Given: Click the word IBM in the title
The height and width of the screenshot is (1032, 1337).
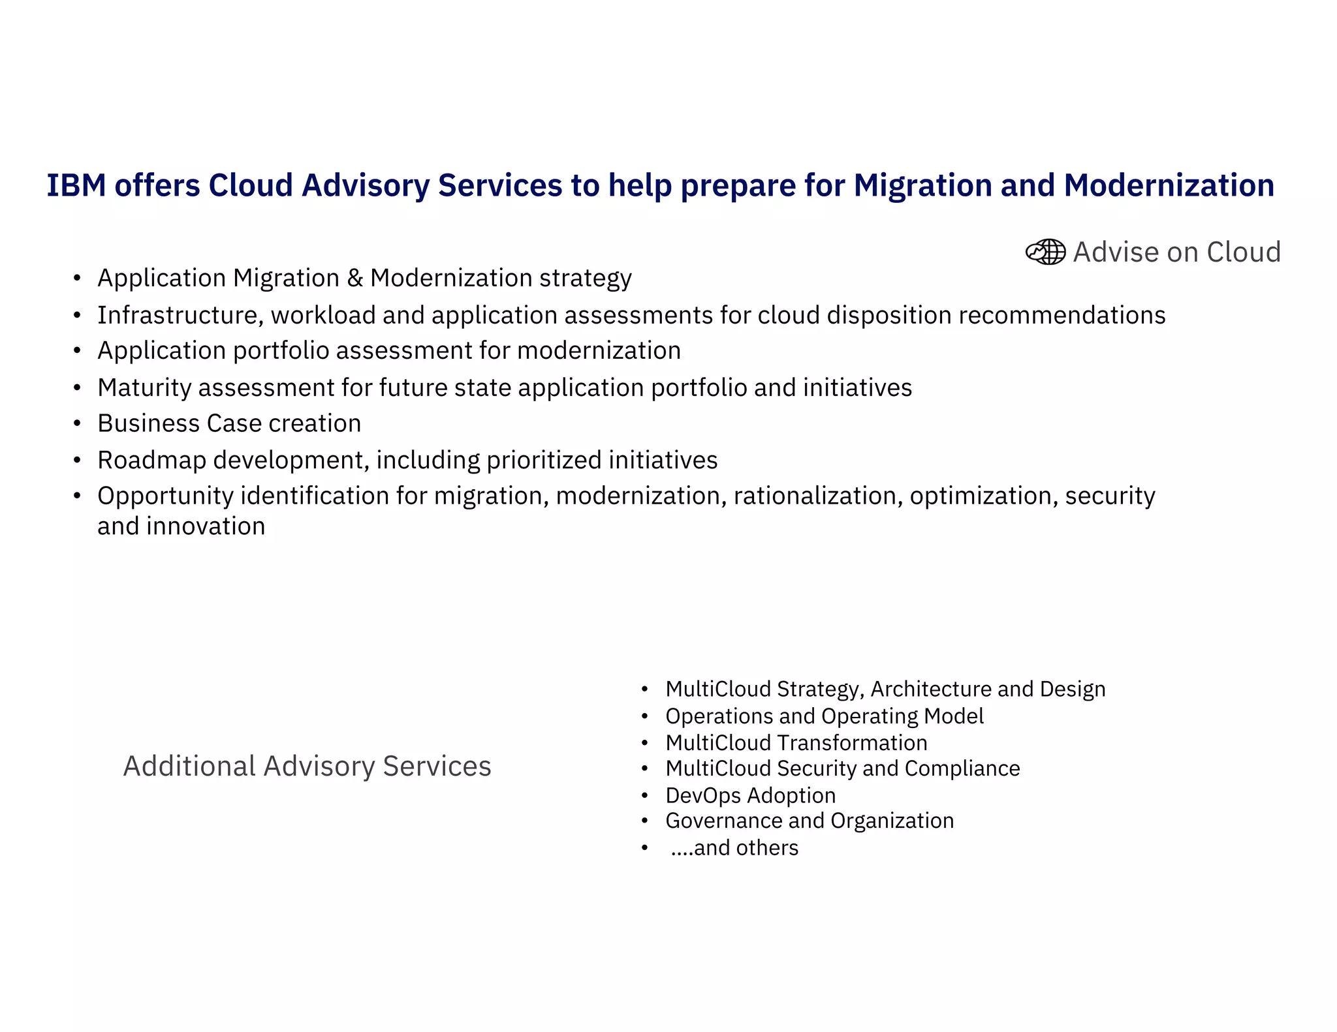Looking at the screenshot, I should (76, 186).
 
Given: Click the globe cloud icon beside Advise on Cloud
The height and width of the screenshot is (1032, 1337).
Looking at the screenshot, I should (1045, 252).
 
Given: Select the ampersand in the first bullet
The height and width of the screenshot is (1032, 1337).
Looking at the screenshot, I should (354, 279).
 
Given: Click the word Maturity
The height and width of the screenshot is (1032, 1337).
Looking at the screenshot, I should (144, 388).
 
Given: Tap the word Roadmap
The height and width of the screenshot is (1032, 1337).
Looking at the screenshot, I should (151, 461).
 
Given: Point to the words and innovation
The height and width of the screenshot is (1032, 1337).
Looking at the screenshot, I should (181, 526).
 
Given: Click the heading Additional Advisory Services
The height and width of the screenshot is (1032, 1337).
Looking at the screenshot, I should (307, 766).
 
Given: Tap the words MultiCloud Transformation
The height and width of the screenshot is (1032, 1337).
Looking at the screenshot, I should (796, 743).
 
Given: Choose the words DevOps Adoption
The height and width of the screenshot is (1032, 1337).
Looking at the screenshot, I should (750, 796).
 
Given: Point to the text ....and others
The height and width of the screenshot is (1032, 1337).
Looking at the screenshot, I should (734, 848).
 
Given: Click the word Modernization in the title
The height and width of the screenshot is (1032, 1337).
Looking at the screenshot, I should (1169, 186).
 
